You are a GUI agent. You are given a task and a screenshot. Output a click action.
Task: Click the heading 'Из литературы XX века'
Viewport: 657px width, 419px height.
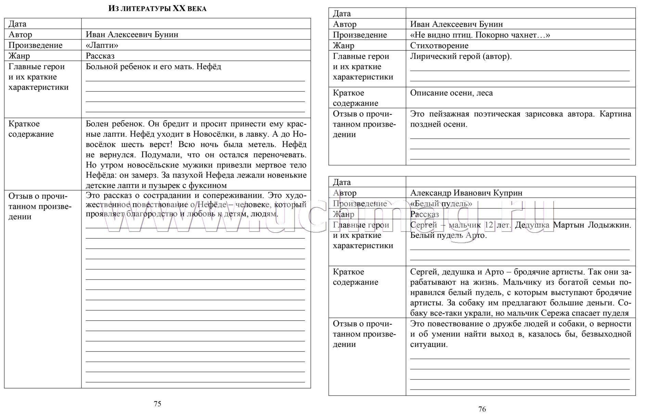click(157, 9)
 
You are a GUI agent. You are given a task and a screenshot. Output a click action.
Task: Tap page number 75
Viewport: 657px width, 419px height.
click(157, 404)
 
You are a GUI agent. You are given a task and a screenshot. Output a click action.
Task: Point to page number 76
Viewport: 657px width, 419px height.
click(482, 409)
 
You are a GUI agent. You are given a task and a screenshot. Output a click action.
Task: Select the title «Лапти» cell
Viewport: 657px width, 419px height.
click(102, 45)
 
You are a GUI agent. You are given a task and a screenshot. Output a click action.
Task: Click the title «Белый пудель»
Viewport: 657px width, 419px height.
click(441, 204)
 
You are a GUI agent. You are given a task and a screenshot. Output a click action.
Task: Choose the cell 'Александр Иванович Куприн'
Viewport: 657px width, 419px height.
click(466, 193)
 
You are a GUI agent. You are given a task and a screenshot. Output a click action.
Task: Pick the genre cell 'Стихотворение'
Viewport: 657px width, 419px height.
click(439, 45)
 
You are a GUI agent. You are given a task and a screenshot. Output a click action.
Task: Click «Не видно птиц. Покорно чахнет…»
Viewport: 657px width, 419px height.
click(480, 35)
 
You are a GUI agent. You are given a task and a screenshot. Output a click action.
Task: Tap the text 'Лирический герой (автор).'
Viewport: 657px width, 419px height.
click(461, 56)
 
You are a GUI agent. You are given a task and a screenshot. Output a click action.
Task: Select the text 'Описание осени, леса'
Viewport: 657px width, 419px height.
click(451, 93)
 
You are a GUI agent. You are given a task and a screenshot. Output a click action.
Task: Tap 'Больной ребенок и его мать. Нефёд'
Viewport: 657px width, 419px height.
click(153, 67)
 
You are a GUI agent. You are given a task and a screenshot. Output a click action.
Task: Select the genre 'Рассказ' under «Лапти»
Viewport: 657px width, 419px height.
click(100, 56)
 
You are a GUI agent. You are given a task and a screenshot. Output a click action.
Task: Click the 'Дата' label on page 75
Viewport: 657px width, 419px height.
click(17, 24)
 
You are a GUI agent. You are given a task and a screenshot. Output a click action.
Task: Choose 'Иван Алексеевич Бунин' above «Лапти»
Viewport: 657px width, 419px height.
click(132, 35)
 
